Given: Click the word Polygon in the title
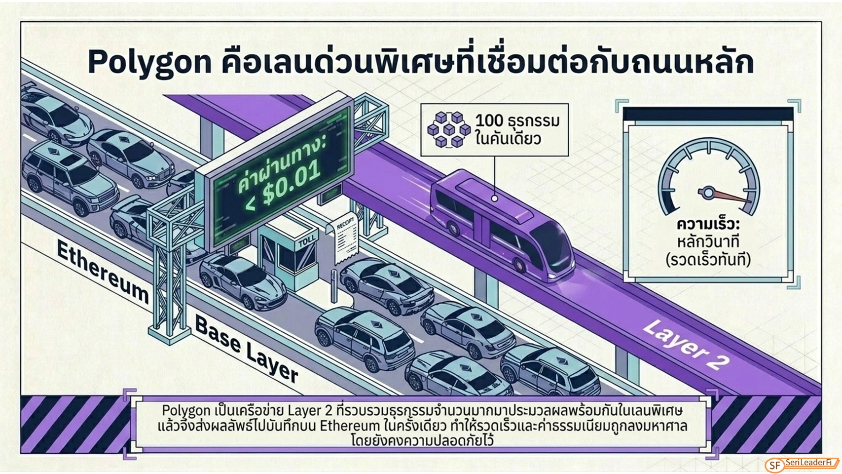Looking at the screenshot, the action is (x=149, y=63).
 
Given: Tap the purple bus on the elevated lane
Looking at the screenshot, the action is (x=502, y=225).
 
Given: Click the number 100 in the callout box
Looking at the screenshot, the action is (x=489, y=120).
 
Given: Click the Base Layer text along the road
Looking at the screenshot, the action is (x=246, y=349).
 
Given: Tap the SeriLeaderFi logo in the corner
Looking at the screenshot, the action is (x=803, y=464).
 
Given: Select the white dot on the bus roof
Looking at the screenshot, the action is (x=495, y=198).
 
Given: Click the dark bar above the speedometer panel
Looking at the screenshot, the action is (x=708, y=114).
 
